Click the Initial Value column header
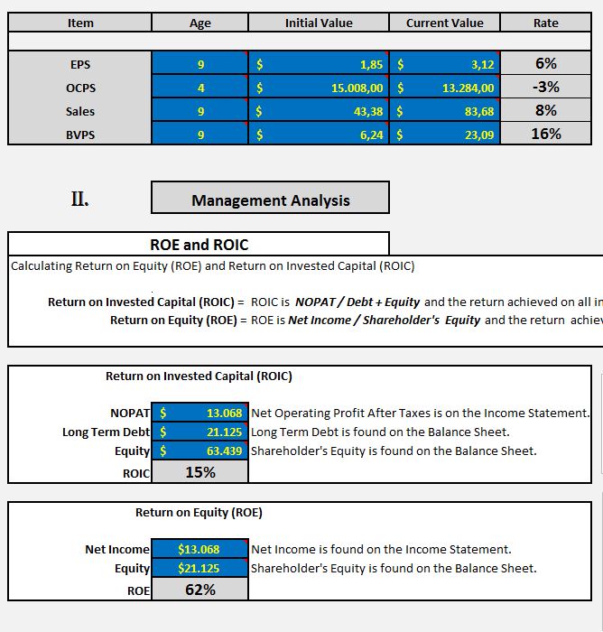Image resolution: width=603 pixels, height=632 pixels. [319, 23]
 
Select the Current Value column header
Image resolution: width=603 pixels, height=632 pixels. [444, 23]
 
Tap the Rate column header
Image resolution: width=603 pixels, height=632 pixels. [545, 23]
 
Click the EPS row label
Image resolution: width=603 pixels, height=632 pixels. [79, 64]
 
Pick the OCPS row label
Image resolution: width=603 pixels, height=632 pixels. [79, 88]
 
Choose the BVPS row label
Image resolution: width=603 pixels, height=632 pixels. [79, 135]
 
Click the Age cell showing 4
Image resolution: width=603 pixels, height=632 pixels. [200, 88]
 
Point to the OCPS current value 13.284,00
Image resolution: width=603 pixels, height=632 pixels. [468, 88]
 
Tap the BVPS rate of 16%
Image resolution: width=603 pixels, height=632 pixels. [545, 134]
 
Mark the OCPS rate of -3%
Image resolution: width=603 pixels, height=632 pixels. [545, 87]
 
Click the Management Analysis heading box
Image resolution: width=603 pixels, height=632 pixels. [270, 200]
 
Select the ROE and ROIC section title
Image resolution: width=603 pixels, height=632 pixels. [199, 245]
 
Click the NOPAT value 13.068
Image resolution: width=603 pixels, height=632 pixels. [224, 413]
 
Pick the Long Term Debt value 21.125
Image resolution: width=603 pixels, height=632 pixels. [224, 432]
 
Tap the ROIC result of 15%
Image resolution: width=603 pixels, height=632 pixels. [199, 472]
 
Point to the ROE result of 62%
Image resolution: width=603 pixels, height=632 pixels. [199, 590]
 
